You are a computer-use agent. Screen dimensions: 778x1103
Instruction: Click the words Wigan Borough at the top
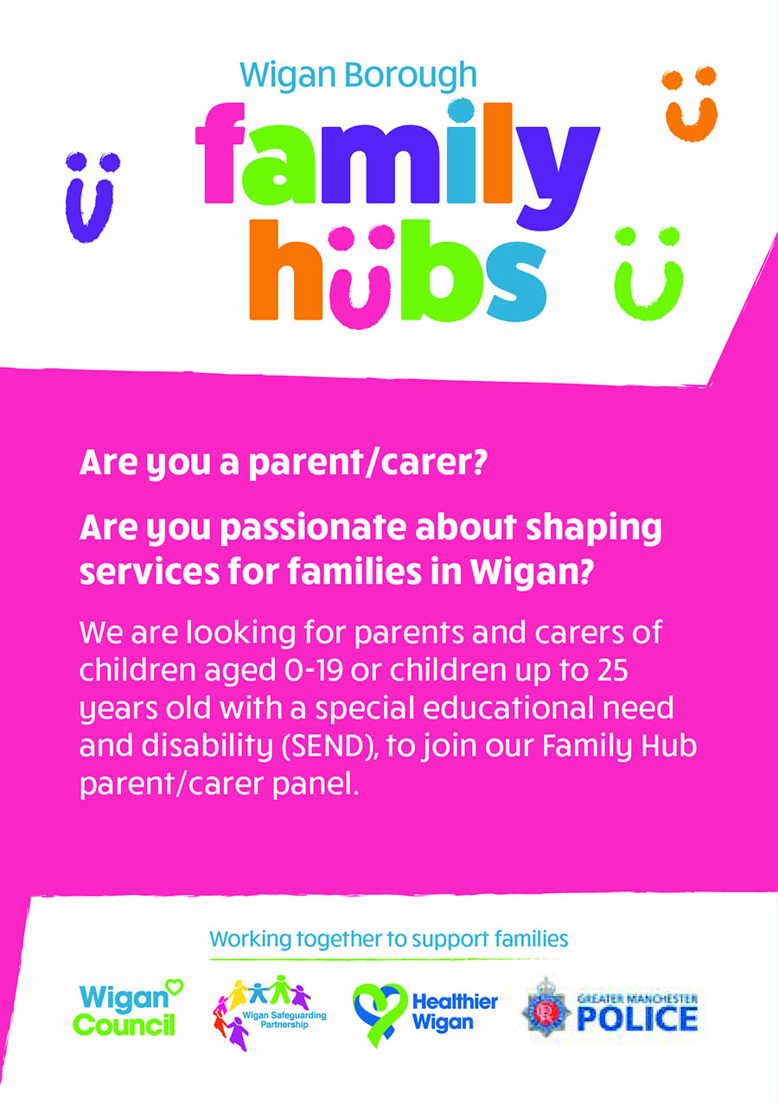pyautogui.click(x=358, y=76)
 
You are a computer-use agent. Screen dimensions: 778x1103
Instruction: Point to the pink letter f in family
pyautogui.click(x=220, y=153)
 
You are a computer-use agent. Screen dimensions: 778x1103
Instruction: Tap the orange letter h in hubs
pyautogui.click(x=286, y=269)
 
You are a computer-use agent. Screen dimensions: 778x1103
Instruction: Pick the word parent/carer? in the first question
pyautogui.click(x=367, y=463)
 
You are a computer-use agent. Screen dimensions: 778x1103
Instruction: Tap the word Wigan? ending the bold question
pyautogui.click(x=531, y=573)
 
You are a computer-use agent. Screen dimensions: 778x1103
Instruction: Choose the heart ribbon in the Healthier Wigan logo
pyautogui.click(x=379, y=1014)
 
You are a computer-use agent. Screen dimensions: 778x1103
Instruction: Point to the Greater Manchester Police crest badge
pyautogui.click(x=546, y=1011)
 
